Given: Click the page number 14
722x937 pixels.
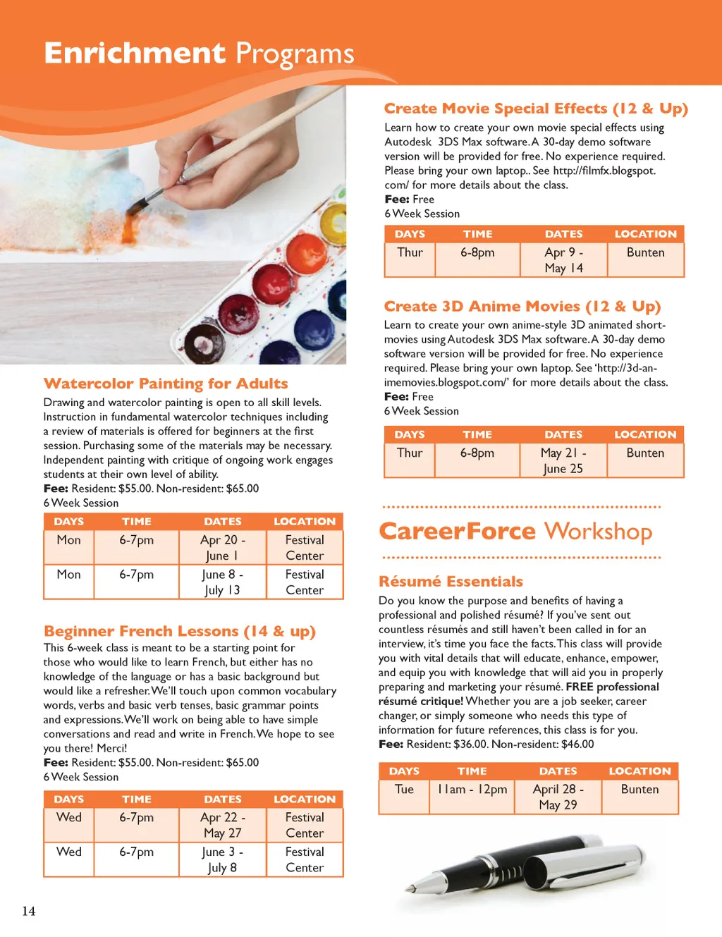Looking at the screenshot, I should click(29, 911).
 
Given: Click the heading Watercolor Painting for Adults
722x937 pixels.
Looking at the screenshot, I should click(166, 384).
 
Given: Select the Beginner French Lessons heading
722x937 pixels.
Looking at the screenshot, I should click(180, 631).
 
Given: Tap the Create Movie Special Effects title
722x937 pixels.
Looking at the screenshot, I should click(536, 109).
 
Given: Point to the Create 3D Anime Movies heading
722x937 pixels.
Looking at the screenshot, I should click(522, 307).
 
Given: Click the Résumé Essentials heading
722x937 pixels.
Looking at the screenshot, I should click(451, 582).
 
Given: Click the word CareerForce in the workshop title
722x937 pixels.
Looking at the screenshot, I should click(458, 531).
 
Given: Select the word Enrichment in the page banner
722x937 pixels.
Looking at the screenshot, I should click(135, 54).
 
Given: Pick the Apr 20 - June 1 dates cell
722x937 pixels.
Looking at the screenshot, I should click(222, 548).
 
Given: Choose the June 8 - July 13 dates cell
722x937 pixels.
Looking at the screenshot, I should click(222, 582).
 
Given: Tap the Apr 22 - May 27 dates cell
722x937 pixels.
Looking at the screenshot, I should click(222, 825).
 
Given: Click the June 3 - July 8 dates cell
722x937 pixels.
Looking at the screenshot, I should click(222, 859).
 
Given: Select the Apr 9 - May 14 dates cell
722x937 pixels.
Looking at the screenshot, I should click(563, 260).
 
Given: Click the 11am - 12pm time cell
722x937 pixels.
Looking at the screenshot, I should click(472, 790).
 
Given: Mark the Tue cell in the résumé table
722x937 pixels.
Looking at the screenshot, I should click(404, 790).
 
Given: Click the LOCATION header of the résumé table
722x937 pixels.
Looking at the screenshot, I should click(640, 771).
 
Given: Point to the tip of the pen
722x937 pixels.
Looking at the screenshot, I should click(408, 889).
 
